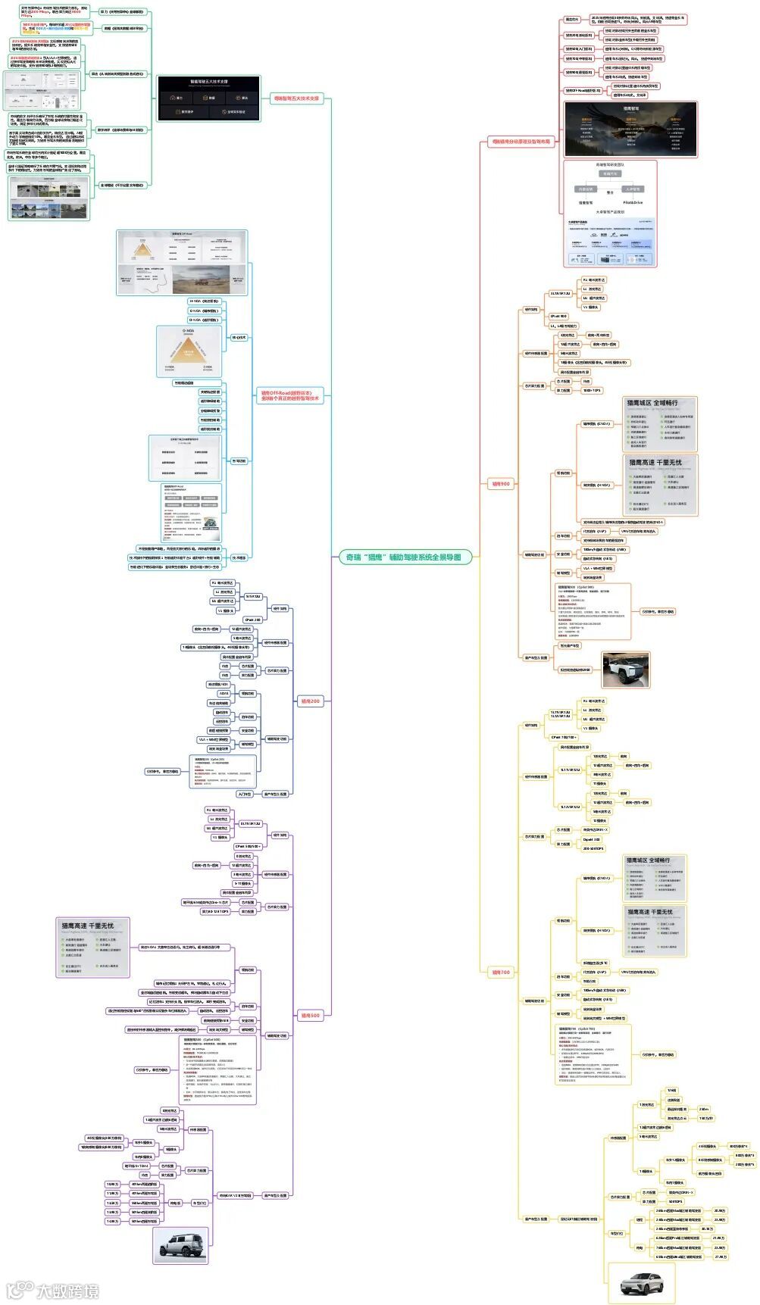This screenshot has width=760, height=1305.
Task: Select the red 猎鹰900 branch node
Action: [x=501, y=483]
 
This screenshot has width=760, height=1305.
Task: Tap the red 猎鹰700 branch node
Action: [x=501, y=972]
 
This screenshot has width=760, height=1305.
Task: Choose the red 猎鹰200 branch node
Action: [x=310, y=701]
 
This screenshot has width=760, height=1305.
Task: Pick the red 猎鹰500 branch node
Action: [x=310, y=1015]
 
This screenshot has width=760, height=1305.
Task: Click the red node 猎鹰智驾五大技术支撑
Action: [x=296, y=98]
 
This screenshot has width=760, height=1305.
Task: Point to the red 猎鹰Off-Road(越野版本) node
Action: [x=289, y=395]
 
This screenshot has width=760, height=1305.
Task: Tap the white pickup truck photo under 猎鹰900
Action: [x=625, y=670]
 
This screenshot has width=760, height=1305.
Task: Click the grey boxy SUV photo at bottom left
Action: [x=180, y=1244]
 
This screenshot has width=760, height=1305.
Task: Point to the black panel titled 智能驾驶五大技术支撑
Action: [x=208, y=98]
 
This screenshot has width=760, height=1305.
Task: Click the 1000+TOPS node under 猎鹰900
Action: [x=592, y=391]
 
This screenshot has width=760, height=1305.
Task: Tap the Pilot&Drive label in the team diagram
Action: [x=632, y=202]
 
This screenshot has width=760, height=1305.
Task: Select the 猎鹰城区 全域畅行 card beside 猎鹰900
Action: [x=658, y=423]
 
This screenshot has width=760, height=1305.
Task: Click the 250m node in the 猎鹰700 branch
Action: [x=704, y=1109]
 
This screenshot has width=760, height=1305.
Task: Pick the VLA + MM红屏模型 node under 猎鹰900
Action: [x=598, y=568]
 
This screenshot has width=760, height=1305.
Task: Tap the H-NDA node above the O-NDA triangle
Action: [x=204, y=301]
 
